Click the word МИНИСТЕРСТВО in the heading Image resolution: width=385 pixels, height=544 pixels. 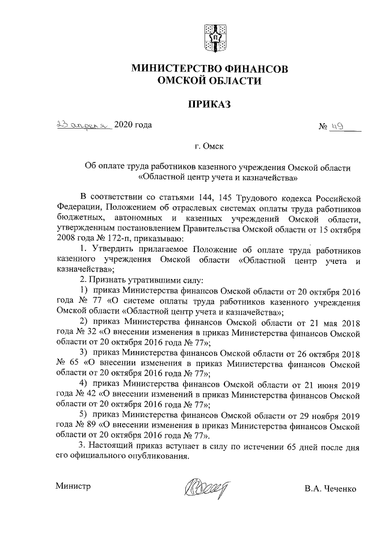pos(175,69)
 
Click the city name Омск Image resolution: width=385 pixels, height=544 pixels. pos(215,145)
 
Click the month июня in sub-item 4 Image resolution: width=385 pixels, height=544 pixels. pos(324,384)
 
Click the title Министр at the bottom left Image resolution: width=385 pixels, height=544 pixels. pos(73,486)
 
